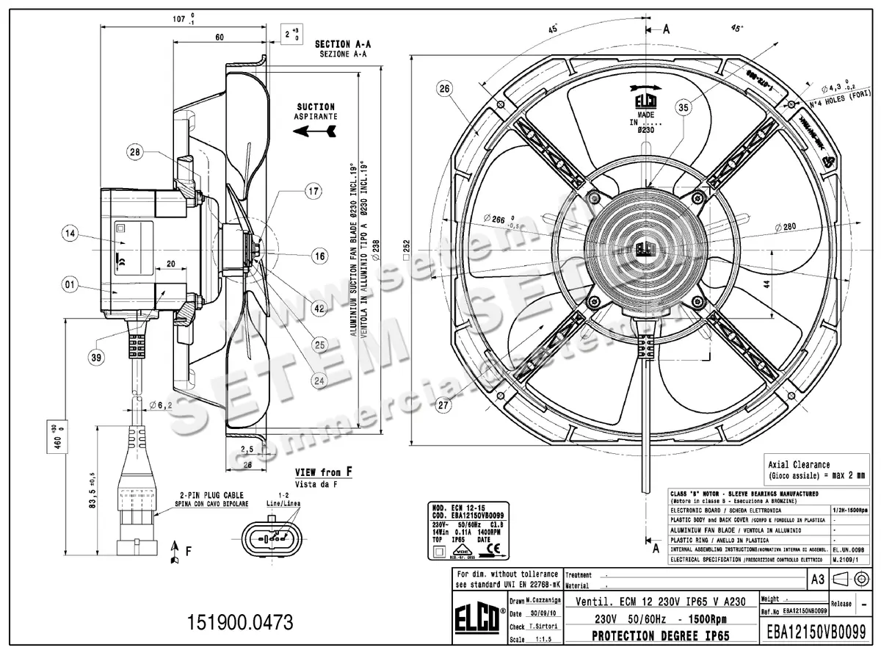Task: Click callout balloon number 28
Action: tap(134, 153)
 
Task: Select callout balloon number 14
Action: tap(70, 234)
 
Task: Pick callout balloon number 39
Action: tap(96, 358)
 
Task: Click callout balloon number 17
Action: tap(313, 192)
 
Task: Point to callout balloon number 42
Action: tap(319, 309)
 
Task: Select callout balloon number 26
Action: tap(443, 89)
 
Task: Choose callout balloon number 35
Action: tap(683, 108)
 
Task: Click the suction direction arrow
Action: tap(315, 131)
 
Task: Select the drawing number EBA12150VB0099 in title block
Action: tap(816, 631)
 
